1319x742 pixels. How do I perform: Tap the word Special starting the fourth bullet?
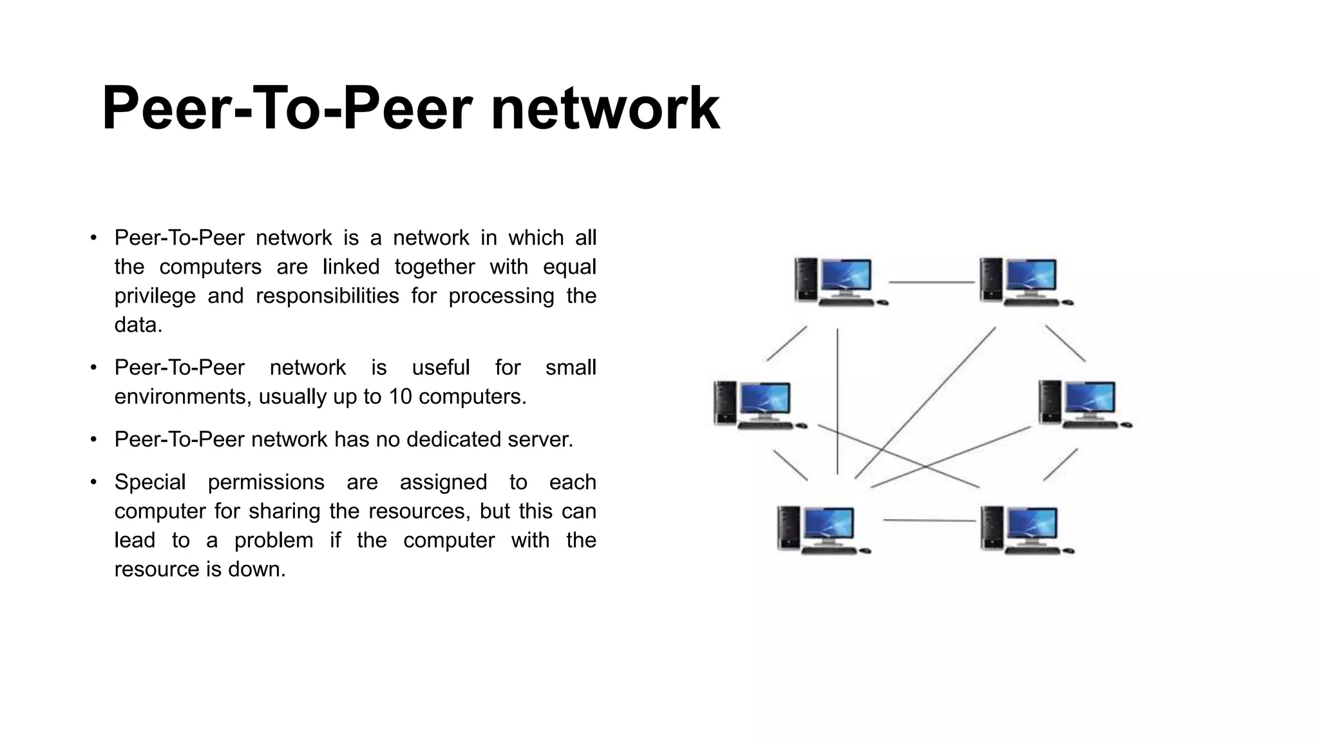click(149, 482)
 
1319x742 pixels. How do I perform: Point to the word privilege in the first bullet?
click(155, 296)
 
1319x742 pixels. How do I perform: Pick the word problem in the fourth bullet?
click(273, 540)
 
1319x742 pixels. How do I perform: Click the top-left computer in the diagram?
click(837, 281)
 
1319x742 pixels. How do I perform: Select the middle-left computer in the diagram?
click(757, 405)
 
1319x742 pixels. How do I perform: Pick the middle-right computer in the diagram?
click(1082, 404)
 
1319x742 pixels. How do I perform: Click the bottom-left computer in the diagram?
click(821, 529)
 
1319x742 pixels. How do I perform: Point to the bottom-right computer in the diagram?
click(1024, 529)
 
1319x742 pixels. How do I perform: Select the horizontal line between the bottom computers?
click(929, 520)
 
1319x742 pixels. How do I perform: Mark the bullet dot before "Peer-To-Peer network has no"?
click(93, 440)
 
